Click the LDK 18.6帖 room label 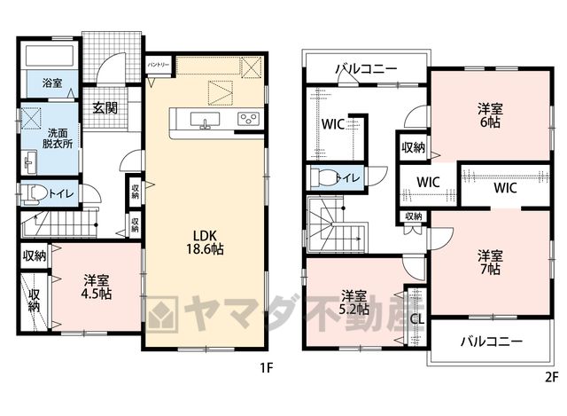click(205, 242)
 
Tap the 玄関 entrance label click(105, 107)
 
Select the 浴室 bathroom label click(52, 82)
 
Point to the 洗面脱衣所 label click(58, 138)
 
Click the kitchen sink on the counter click(205, 121)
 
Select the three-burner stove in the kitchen click(248, 119)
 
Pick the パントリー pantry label click(159, 65)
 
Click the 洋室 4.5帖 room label click(97, 286)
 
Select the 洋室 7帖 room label click(490, 263)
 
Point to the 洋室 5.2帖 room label click(355, 302)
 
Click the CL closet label click(417, 319)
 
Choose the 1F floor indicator click(266, 368)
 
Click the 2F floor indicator click(551, 378)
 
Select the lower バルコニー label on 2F click(492, 341)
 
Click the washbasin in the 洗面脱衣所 click(30, 162)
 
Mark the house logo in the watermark click(162, 314)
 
